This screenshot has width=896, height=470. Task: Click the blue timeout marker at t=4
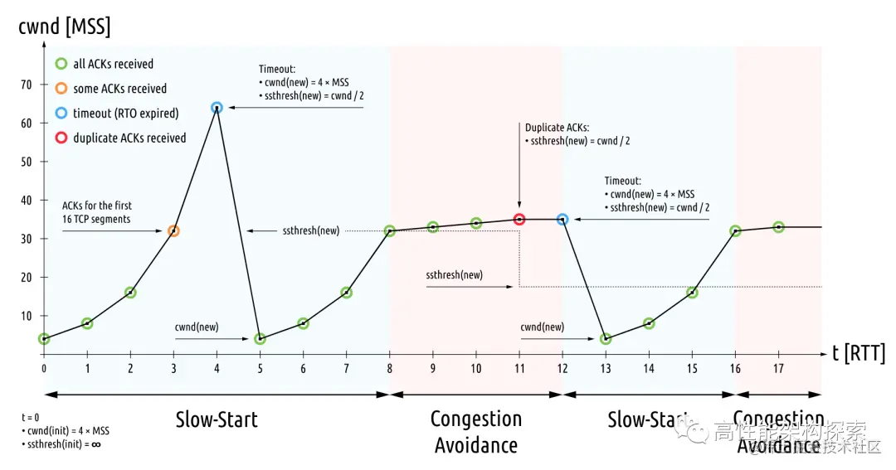pyautogui.click(x=217, y=108)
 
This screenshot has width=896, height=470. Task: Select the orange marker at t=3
pyautogui.click(x=173, y=230)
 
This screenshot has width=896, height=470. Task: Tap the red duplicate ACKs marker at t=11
pyautogui.click(x=519, y=220)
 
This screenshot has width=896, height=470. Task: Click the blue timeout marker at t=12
pyautogui.click(x=562, y=220)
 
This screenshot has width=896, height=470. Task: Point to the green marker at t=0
pyautogui.click(x=44, y=339)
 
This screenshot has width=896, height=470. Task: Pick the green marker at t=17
pyautogui.click(x=778, y=227)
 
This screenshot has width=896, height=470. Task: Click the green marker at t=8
pyautogui.click(x=390, y=230)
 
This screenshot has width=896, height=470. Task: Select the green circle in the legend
pyautogui.click(x=61, y=64)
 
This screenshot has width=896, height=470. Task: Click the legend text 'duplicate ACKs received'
pyautogui.click(x=129, y=138)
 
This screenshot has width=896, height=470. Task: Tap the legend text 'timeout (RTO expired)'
pyautogui.click(x=125, y=114)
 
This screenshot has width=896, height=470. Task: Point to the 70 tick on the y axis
pyautogui.click(x=27, y=85)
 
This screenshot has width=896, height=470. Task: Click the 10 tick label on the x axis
pyautogui.click(x=476, y=367)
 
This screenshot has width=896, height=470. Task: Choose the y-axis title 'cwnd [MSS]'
pyautogui.click(x=64, y=27)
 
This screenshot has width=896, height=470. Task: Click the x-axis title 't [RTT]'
pyautogui.click(x=859, y=354)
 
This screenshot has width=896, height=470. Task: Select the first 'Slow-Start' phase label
pyautogui.click(x=217, y=419)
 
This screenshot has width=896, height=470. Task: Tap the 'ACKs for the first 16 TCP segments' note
pyautogui.click(x=97, y=211)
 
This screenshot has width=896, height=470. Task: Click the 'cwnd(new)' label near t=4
pyautogui.click(x=197, y=327)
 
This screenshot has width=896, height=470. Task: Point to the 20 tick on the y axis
pyautogui.click(x=27, y=277)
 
